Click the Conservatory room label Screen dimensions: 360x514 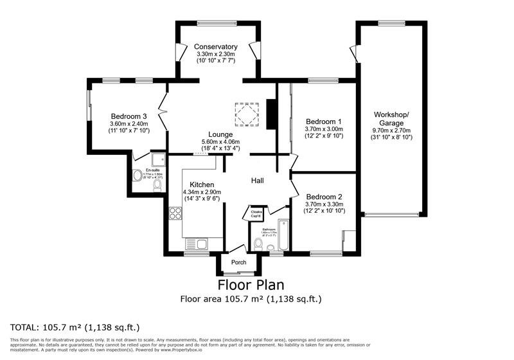(217, 47)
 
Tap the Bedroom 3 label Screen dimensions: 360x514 (128, 116)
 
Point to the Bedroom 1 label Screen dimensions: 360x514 (323, 122)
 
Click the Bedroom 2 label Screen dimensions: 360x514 (323, 197)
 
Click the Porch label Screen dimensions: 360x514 (238, 262)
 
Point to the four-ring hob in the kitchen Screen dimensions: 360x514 (174, 213)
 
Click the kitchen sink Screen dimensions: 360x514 (194, 244)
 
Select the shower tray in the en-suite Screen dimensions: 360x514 (158, 159)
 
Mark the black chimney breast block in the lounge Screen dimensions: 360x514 (271, 112)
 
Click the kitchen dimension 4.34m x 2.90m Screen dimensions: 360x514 (202, 192)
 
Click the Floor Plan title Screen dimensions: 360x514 (251, 284)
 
